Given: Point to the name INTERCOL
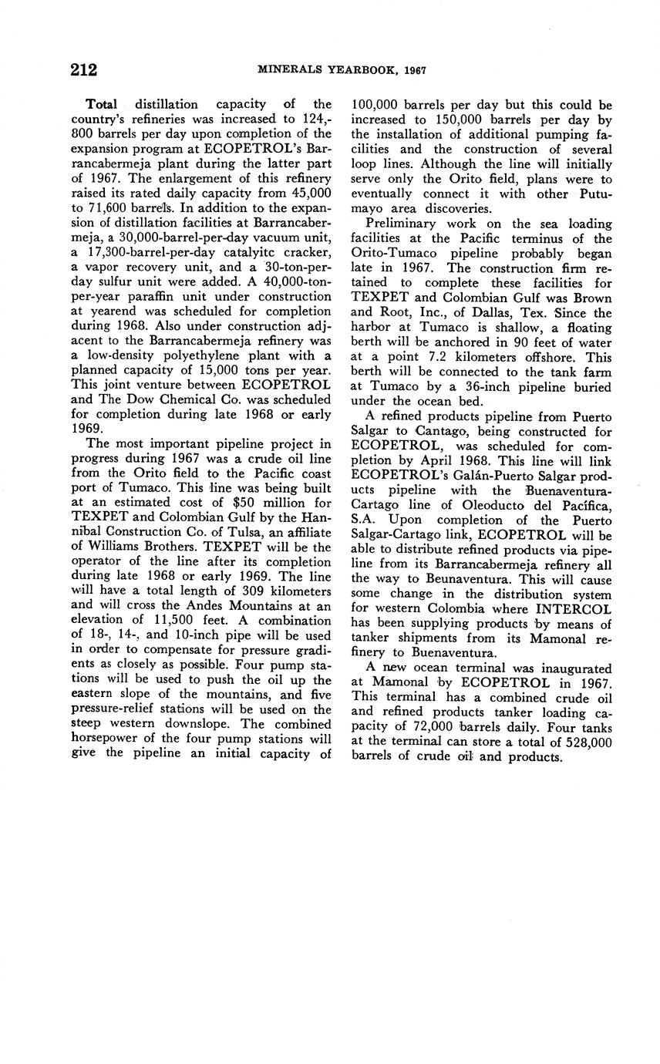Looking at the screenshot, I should pos(575,609).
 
